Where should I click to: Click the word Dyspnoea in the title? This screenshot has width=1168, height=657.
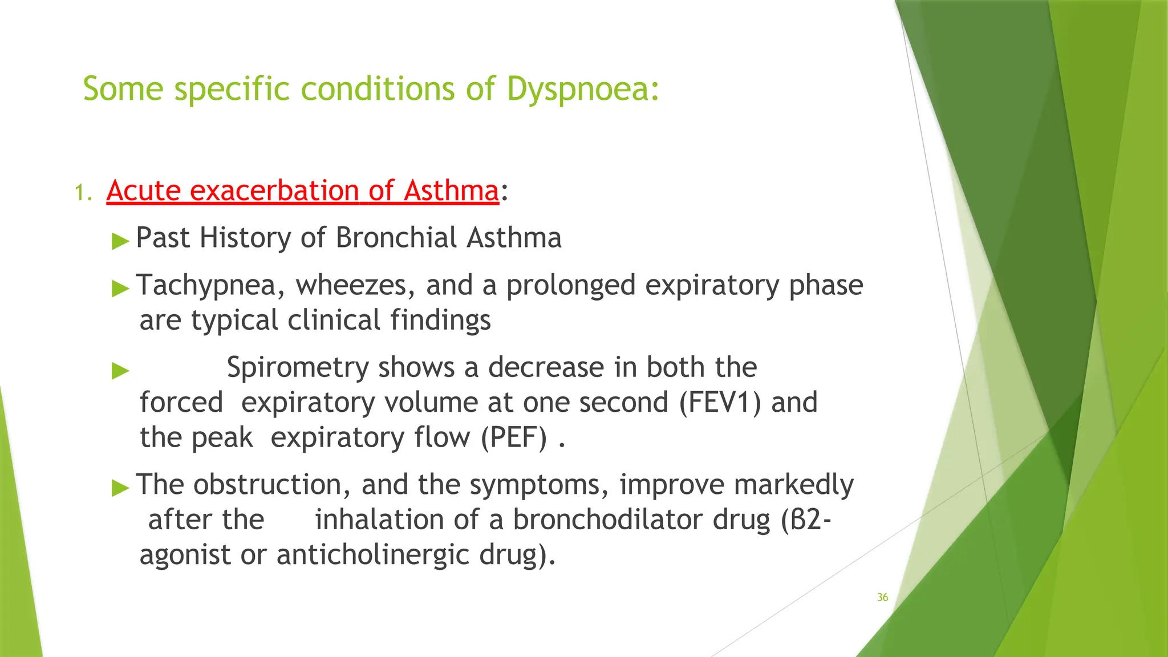pos(582,90)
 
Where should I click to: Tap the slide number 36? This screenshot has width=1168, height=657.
pos(882,597)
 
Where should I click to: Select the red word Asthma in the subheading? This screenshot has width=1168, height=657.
pos(451,190)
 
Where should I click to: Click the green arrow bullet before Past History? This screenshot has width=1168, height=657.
pos(120,241)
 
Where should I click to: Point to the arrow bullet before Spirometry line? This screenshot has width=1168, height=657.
pos(120,371)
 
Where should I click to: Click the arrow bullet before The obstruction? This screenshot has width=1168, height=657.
pos(120,488)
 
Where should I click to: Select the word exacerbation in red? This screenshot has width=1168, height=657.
pos(274,190)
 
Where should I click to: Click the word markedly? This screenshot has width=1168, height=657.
pos(793,485)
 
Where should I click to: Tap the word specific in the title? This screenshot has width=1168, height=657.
pos(232,90)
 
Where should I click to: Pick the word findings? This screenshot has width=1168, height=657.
pos(440,321)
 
